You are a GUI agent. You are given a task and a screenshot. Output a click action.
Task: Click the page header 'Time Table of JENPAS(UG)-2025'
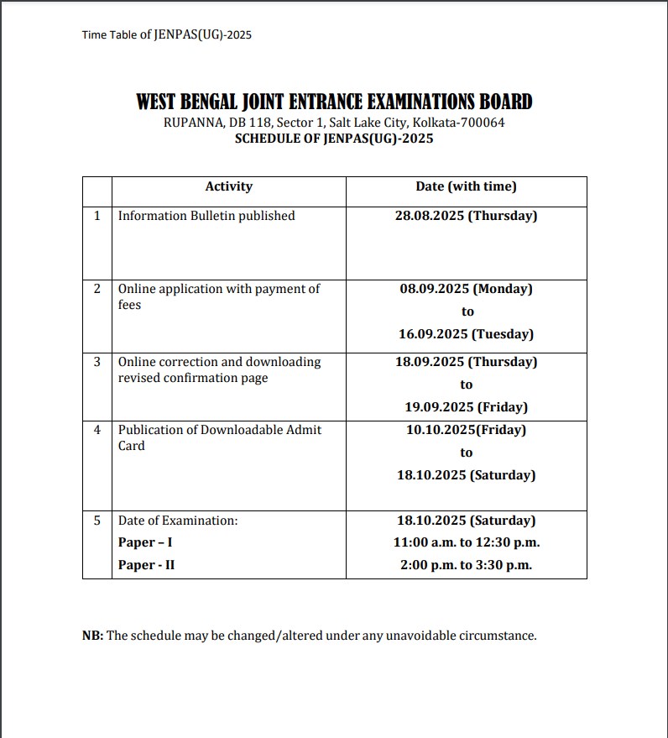pos(167,34)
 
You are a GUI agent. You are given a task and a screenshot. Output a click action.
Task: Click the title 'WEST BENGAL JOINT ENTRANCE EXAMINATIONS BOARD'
pos(334,102)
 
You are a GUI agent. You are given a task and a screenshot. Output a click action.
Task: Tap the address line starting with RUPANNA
pos(334,123)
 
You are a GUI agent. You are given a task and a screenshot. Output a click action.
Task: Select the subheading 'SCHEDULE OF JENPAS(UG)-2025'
pos(334,139)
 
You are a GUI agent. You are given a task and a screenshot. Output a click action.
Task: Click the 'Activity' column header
pos(228,186)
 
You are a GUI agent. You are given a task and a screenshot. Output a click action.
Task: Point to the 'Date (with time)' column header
pos(466,186)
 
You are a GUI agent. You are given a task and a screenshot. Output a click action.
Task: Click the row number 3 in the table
pos(97,362)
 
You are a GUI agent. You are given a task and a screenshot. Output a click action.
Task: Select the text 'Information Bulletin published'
pos(206,216)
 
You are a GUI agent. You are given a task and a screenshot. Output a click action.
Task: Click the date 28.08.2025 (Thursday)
pos(466,216)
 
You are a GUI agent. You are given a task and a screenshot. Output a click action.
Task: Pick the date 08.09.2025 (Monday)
pos(466,289)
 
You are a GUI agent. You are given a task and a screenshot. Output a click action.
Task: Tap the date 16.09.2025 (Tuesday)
pos(466,334)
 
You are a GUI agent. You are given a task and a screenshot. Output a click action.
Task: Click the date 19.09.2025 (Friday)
pos(466,407)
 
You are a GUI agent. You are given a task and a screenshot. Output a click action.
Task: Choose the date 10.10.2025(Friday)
pos(466,430)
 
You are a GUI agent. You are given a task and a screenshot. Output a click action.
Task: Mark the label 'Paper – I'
pos(145,542)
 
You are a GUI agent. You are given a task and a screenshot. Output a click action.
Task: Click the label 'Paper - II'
pos(146,565)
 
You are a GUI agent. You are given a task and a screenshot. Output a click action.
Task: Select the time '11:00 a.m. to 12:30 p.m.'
pos(466,542)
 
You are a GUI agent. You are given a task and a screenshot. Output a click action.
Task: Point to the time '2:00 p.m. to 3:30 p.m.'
pos(466,565)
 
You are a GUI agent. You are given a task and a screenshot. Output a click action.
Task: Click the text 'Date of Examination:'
pos(178,521)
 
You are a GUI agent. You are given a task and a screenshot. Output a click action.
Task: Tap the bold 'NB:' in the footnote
pos(92,636)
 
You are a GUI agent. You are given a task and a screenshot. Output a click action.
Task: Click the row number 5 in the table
pos(97,521)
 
